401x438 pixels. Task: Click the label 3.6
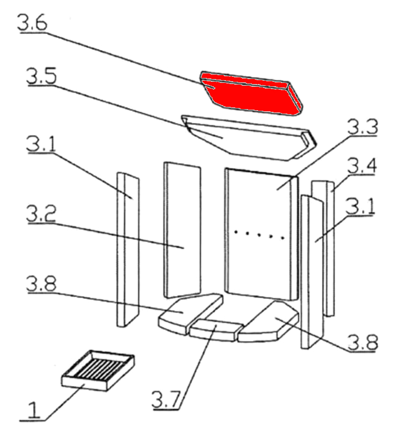[32, 22]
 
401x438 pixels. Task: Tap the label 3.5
[41, 76]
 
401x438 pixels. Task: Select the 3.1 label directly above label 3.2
[41, 144]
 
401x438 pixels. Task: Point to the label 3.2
[41, 213]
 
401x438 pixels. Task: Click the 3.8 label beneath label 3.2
[41, 283]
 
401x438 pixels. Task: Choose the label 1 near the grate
[33, 410]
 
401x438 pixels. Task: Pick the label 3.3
[363, 126]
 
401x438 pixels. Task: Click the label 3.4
[362, 165]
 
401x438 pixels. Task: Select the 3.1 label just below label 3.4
[360, 206]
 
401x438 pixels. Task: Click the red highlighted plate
[251, 93]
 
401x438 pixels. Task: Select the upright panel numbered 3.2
[182, 230]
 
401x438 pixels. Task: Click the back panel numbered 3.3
[261, 234]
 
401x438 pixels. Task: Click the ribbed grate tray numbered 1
[98, 371]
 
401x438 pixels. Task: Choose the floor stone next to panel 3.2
[190, 313]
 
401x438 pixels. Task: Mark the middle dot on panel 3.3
[260, 235]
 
